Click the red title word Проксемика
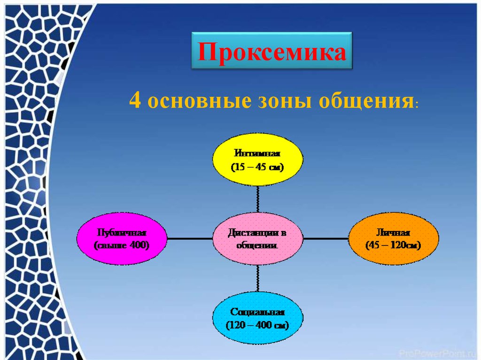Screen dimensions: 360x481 pos(272,52)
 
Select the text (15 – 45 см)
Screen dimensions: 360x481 pos(257,167)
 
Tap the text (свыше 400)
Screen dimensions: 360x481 pos(122,245)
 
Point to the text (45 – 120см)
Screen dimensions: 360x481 pos(393,245)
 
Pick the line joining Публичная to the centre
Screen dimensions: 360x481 pos(190,238)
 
